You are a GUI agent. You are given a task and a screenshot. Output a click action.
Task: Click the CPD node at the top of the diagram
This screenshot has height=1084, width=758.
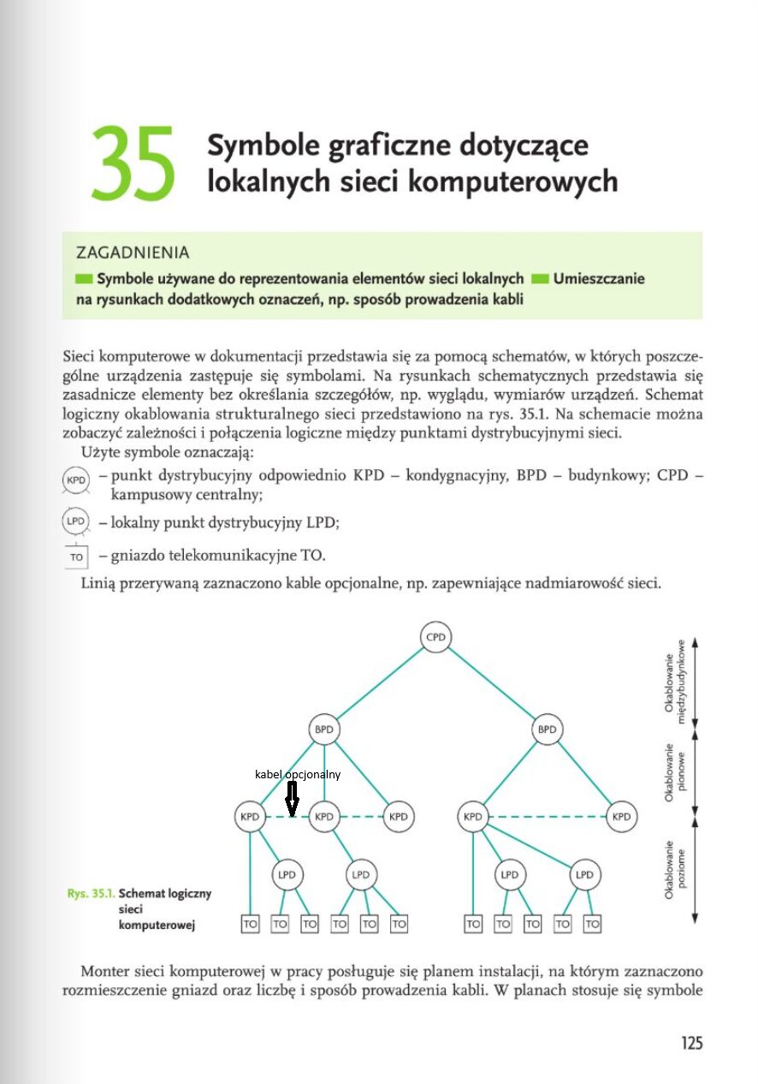436,637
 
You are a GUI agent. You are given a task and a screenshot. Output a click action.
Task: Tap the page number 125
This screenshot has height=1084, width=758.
691,1043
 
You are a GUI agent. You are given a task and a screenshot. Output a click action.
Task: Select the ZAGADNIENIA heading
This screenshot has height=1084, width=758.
133,253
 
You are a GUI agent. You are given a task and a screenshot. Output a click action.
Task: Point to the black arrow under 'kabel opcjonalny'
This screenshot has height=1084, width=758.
292,799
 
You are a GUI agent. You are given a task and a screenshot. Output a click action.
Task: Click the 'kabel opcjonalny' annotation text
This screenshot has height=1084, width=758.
298,774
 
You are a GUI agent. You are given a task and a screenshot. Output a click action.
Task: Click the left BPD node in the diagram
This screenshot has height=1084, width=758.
324,730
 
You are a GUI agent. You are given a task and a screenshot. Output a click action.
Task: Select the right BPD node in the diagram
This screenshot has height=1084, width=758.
547,730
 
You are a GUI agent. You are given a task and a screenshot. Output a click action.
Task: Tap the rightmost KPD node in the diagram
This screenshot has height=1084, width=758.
621,816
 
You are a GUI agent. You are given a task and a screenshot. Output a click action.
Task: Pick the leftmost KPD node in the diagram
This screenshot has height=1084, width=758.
249,816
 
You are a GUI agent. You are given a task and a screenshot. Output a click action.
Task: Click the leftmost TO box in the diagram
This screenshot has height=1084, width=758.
250,924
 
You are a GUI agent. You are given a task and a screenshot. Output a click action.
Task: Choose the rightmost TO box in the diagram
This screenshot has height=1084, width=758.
592,924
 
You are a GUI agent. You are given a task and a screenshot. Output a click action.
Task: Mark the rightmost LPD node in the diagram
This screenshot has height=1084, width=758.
584,874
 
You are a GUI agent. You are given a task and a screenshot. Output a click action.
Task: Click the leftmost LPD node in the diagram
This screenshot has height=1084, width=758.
287,874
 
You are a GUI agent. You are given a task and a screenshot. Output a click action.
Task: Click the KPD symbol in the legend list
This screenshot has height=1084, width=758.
75,480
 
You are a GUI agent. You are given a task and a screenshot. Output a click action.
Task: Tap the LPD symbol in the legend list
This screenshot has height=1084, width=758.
75,521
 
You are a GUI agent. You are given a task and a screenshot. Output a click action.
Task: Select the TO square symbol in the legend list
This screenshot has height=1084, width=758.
76,557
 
